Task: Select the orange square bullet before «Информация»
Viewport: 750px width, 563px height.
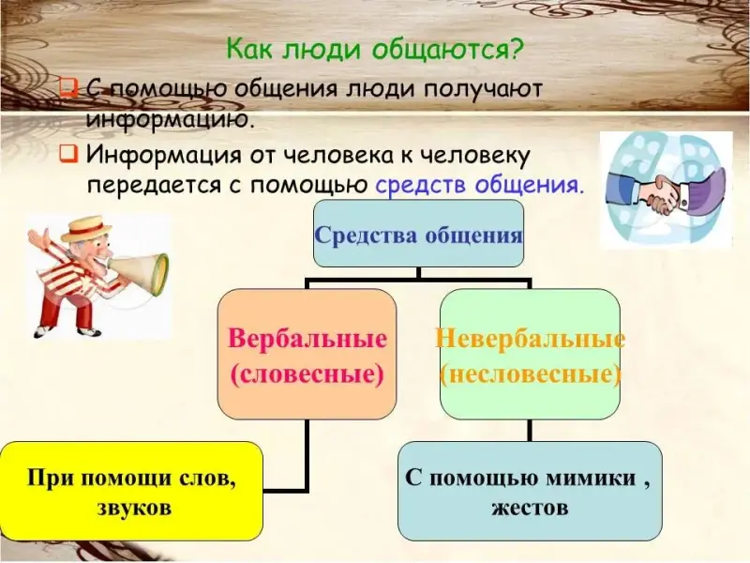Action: click(68, 154)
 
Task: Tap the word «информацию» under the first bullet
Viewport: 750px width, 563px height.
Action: click(170, 117)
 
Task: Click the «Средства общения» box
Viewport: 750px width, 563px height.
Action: click(418, 233)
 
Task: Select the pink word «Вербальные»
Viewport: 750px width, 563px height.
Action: click(307, 339)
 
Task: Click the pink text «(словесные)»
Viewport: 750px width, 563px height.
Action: click(307, 373)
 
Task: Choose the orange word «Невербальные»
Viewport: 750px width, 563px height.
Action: click(530, 339)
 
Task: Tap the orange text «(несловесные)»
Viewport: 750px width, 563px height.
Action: click(530, 373)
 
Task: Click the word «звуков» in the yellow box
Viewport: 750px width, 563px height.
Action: click(134, 508)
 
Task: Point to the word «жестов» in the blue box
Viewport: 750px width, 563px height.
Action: click(530, 507)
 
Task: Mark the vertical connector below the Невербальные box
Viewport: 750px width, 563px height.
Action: click(530, 431)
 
